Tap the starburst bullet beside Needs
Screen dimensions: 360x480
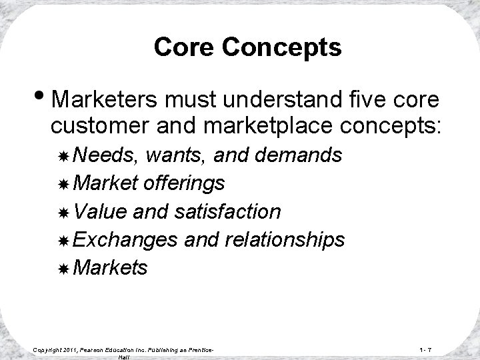[63, 156]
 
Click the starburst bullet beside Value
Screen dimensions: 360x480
[63, 212]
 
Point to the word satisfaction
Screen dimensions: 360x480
[227, 211]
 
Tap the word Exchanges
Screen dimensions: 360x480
[125, 239]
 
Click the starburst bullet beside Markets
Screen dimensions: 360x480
[63, 268]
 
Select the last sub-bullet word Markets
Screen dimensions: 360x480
[111, 267]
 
